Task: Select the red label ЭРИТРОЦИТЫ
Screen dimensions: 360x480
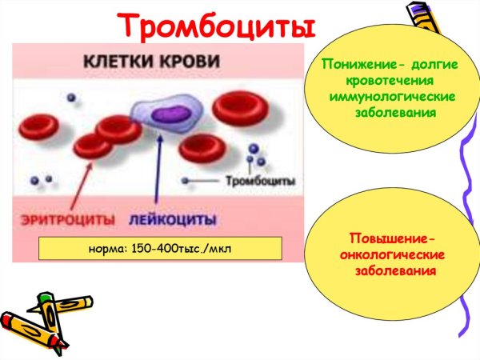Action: pos(60,218)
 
